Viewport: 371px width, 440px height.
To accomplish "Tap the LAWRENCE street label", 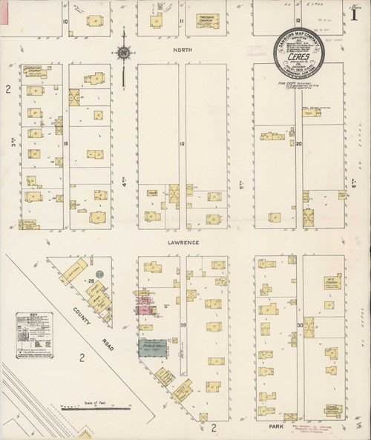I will pyautogui.click(x=182, y=241).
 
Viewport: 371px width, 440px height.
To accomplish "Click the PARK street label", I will pyautogui.click(x=277, y=427).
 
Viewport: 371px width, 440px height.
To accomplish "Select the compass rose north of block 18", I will pyautogui.click(x=124, y=53).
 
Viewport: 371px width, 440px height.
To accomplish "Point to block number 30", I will pyautogui.click(x=300, y=325).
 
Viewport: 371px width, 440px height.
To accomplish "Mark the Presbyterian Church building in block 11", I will pyautogui.click(x=208, y=21).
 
